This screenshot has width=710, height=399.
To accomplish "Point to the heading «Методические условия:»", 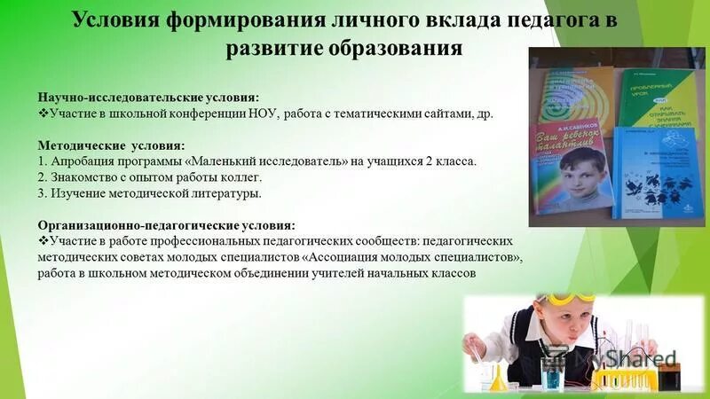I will click(x=110, y=145).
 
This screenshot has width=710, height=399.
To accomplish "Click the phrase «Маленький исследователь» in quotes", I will click(x=267, y=162).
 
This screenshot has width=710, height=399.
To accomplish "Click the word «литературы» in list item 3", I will click(x=228, y=193).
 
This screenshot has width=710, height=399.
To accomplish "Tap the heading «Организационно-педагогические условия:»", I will click(x=166, y=225).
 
